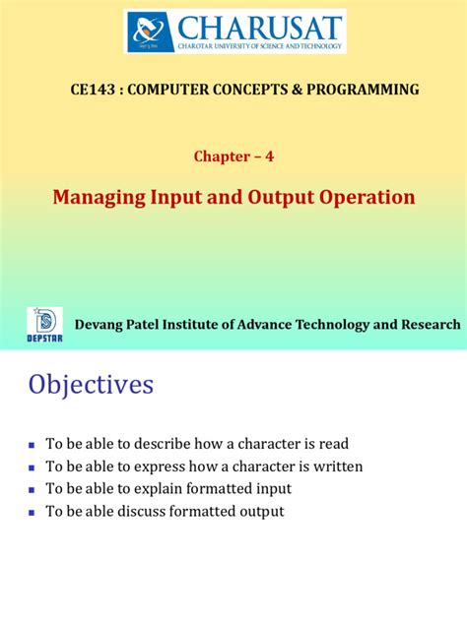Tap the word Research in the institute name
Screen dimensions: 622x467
(426, 325)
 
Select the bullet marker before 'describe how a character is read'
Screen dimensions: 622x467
(33, 445)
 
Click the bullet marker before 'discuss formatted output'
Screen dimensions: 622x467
(33, 512)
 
